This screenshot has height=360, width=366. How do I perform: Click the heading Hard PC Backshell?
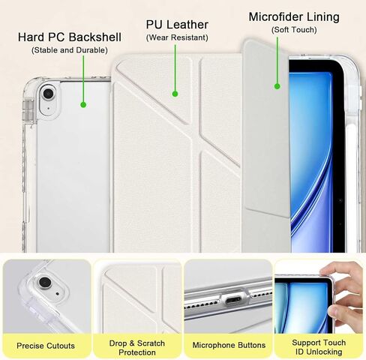[70, 37]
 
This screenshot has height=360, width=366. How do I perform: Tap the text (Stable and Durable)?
[70, 50]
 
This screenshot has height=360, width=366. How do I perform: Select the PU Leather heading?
[177, 25]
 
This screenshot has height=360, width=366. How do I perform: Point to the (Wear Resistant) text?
[177, 37]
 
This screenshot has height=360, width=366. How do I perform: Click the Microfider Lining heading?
[294, 17]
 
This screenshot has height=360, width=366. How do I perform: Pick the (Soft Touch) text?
[294, 30]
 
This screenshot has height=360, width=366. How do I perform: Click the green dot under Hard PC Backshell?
[83, 105]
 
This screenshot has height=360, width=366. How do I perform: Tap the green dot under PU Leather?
[175, 94]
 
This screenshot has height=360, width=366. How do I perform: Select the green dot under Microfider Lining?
[277, 86]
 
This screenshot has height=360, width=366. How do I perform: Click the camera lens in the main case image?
[48, 94]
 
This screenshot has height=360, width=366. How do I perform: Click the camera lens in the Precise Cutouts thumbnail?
[45, 282]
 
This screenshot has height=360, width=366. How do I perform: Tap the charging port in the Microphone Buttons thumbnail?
[233, 299]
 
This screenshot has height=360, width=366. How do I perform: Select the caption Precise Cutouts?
[46, 346]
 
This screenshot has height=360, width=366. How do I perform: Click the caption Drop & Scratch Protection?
[137, 348]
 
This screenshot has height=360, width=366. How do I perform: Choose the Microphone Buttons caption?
[229, 345]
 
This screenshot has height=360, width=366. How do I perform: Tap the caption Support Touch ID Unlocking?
[319, 347]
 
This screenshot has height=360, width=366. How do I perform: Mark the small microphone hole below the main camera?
[48, 109]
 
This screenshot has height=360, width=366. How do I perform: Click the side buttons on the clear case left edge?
[28, 111]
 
